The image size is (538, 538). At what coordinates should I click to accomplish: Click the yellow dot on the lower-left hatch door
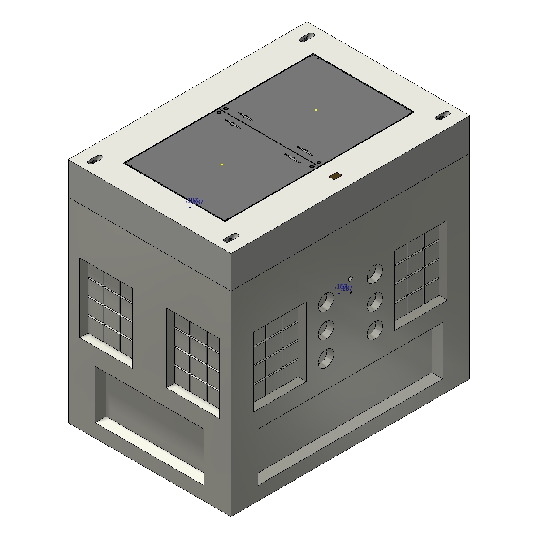tap(222, 165)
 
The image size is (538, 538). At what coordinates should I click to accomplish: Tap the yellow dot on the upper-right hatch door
tap(316, 110)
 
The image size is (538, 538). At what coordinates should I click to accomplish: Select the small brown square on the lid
tap(334, 177)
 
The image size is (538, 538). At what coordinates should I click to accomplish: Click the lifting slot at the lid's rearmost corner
tap(307, 37)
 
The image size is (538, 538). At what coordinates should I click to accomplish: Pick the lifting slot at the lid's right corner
tap(443, 116)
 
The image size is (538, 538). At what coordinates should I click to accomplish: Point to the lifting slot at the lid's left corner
tap(95, 159)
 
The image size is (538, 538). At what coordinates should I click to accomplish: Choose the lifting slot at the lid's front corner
tap(231, 237)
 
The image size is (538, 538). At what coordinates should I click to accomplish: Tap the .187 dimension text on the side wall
tap(344, 287)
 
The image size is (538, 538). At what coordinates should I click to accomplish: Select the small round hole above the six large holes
tap(351, 278)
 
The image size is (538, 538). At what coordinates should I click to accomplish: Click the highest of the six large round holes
tap(375, 273)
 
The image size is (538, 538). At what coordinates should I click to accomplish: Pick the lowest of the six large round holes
tap(326, 358)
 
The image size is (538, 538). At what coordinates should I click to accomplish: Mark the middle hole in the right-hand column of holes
tap(375, 302)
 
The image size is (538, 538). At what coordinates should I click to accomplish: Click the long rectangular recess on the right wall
tap(350, 403)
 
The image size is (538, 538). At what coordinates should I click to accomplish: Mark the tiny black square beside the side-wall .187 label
tap(351, 292)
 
